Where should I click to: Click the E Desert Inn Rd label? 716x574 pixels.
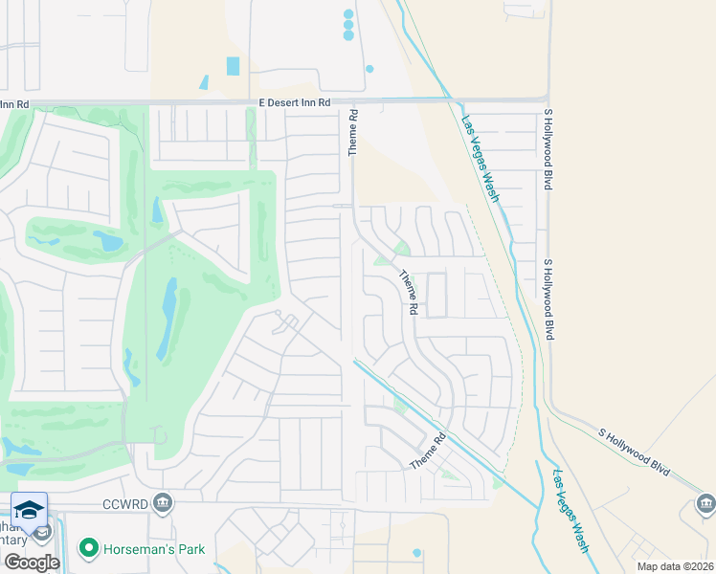pos(294,102)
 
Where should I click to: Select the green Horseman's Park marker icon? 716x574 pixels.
pos(89,548)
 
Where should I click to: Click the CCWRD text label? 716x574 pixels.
pos(125,503)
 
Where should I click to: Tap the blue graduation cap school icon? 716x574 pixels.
pos(29,509)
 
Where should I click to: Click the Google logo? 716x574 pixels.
pos(31,563)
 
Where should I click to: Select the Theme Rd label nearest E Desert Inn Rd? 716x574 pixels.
pos(353,133)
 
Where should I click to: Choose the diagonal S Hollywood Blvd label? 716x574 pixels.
pos(634,448)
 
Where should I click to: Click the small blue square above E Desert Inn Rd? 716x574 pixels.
pos(234,66)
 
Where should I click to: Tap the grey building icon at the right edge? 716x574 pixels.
pos(705,502)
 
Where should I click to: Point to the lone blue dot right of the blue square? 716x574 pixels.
pos(369,68)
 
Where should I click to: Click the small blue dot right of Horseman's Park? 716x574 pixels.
pos(416,553)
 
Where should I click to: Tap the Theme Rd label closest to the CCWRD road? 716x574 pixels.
pos(428,453)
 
